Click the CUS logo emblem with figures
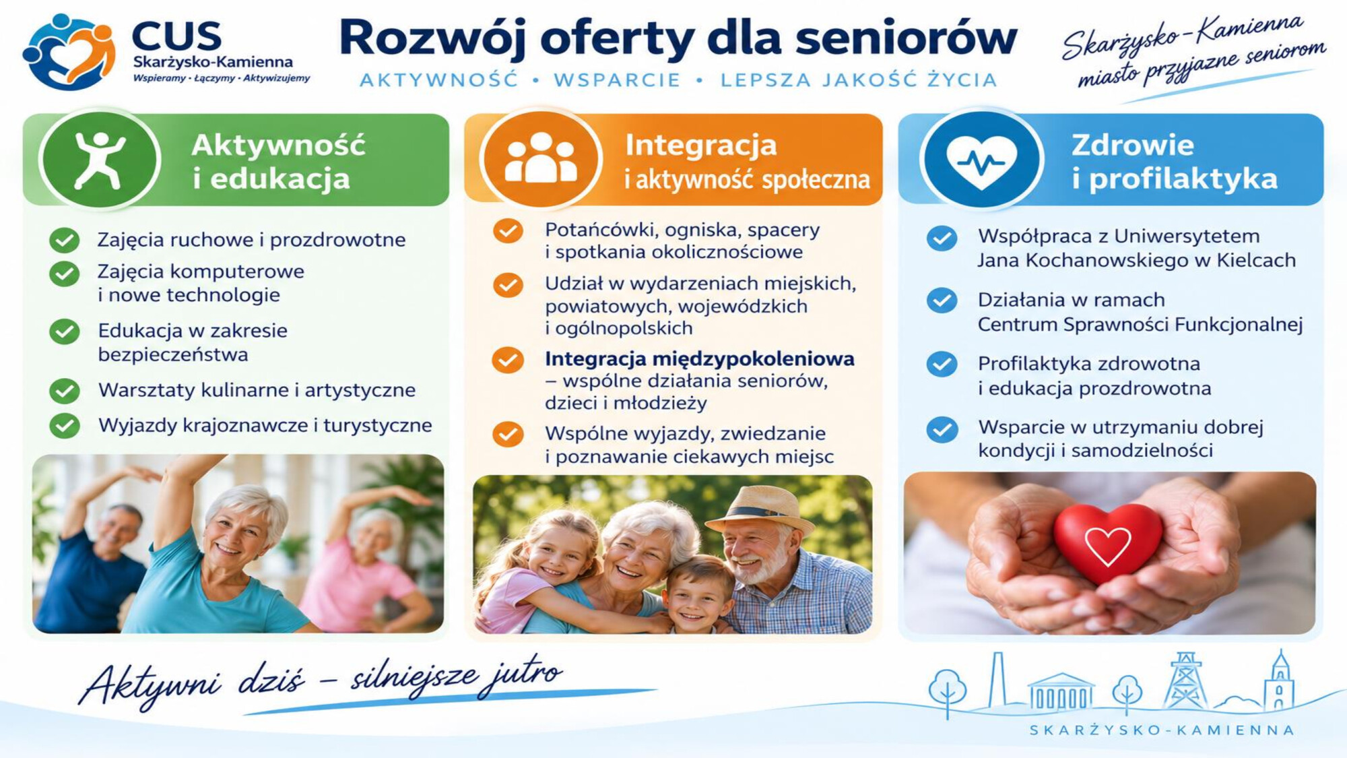pyautogui.click(x=69, y=51)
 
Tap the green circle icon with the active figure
pyautogui.click(x=100, y=160)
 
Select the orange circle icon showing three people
pyautogui.click(x=540, y=160)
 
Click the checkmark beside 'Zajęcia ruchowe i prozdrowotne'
pyautogui.click(x=65, y=240)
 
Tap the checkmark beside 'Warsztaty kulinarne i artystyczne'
pyautogui.click(x=65, y=391)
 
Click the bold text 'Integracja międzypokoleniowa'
pyautogui.click(x=699, y=358)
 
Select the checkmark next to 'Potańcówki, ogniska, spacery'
pyautogui.click(x=508, y=231)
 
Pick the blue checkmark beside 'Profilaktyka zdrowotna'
pyautogui.click(x=942, y=364)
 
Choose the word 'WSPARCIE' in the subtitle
pyautogui.click(x=617, y=80)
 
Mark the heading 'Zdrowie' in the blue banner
pyautogui.click(x=1133, y=145)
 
